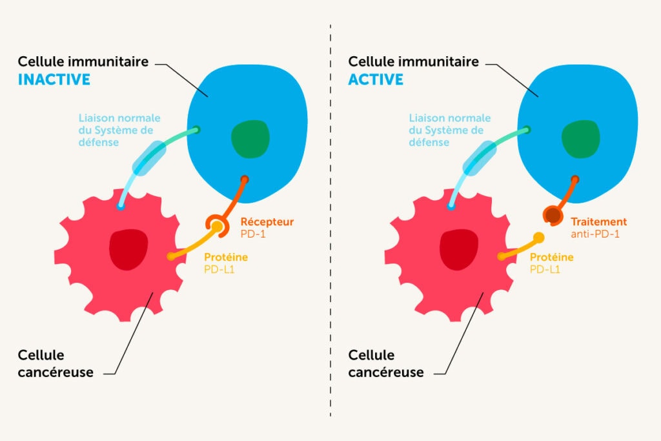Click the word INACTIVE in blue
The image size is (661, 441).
54,79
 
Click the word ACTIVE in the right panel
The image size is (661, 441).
376,79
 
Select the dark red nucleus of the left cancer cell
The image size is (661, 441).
128,249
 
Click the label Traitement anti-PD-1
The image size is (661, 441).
598,227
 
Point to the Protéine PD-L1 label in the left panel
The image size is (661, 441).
225,263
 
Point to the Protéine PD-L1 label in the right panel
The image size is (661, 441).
551,263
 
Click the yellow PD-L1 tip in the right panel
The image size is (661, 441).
538,236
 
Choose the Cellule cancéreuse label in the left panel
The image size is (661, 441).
56,364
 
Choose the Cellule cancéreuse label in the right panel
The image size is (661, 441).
386,364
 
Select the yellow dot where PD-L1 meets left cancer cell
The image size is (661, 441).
171,256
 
